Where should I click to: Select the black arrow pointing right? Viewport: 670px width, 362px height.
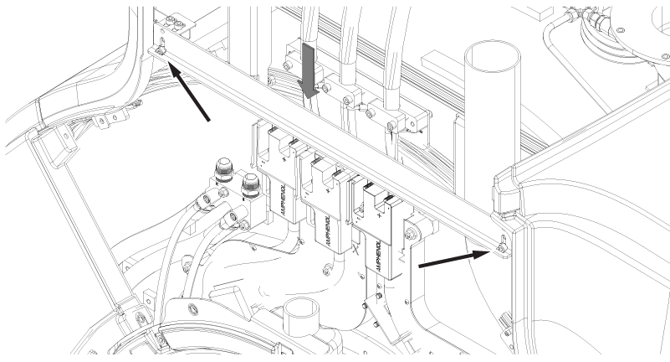[450, 259]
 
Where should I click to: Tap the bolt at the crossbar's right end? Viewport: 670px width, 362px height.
[499, 247]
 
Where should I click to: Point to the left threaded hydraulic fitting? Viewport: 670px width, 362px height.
[223, 169]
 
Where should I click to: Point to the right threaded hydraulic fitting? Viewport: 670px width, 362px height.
[248, 186]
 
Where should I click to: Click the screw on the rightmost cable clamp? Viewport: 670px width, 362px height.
[391, 127]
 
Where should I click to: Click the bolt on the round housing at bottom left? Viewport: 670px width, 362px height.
[193, 311]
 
